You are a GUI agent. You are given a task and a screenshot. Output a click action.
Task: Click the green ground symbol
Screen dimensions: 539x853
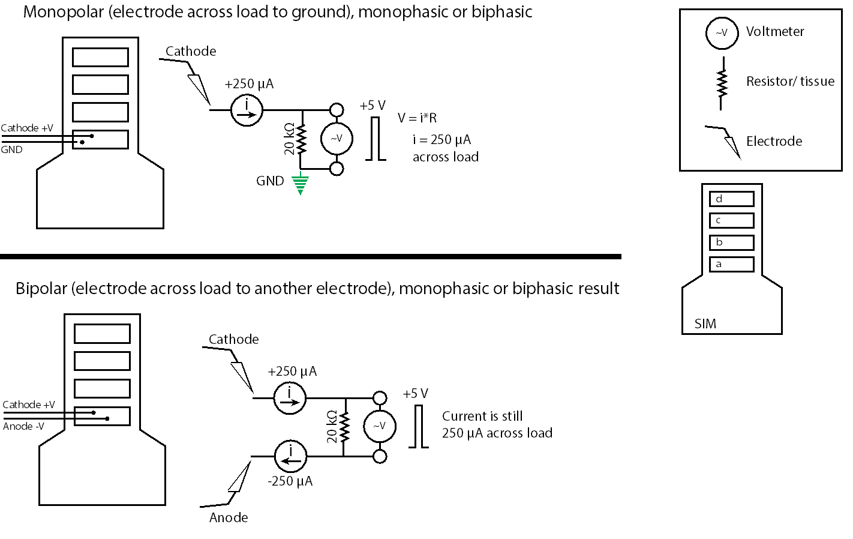(300, 185)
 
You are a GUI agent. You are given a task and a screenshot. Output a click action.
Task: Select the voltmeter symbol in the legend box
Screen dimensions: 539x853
(721, 32)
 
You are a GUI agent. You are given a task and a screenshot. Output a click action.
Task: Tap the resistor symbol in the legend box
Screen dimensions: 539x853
(722, 83)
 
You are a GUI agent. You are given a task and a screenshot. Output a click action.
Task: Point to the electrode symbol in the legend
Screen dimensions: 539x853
(727, 142)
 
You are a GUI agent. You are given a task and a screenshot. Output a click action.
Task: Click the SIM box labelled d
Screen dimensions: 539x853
(731, 199)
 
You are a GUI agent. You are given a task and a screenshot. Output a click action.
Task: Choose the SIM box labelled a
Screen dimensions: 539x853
(731, 264)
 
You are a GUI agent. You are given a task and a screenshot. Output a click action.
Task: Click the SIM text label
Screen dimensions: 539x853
(705, 324)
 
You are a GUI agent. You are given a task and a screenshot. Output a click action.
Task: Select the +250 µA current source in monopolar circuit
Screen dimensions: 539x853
(247, 110)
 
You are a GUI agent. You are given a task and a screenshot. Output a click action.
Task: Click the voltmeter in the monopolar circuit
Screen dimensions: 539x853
(337, 139)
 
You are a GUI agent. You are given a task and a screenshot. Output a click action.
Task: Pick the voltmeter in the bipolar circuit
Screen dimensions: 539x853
(380, 426)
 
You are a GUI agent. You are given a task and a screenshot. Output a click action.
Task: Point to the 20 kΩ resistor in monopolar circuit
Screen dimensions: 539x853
(301, 139)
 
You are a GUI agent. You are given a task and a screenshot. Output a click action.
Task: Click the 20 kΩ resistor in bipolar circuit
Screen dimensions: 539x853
(344, 427)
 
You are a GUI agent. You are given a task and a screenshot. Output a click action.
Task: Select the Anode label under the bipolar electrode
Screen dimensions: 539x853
(229, 517)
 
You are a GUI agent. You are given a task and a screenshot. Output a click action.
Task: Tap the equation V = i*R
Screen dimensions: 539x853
(417, 118)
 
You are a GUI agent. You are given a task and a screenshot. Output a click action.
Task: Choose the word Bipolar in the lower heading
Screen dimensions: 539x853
(41, 289)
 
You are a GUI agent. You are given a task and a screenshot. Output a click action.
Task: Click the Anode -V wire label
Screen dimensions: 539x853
(24, 426)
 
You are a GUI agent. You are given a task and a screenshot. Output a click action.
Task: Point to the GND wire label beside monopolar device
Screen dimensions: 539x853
(11, 149)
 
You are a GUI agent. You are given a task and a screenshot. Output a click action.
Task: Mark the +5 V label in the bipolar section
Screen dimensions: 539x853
(415, 394)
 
